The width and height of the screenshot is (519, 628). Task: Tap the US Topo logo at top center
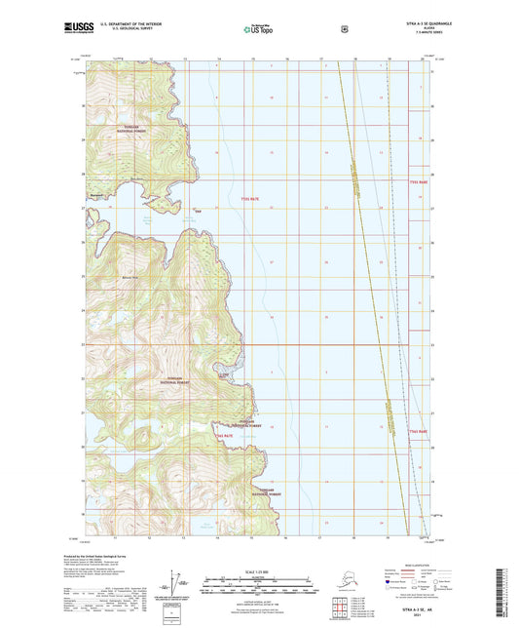point(259,29)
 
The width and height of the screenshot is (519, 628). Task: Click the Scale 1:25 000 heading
point(258,569)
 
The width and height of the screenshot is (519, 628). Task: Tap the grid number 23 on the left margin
point(82,343)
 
